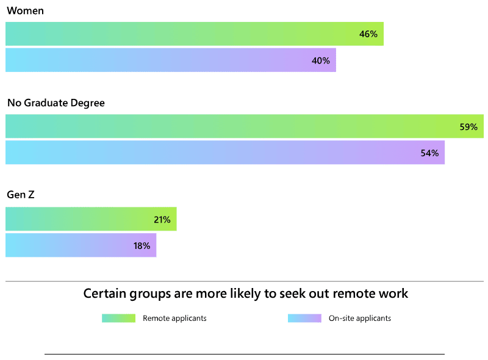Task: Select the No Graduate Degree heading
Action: pyautogui.click(x=56, y=103)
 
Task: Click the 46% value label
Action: pyautogui.click(x=368, y=34)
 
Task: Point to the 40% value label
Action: pyautogui.click(x=321, y=60)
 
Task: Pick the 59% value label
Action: pyautogui.click(x=468, y=127)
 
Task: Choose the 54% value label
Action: pyautogui.click(x=429, y=153)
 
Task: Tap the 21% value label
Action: pyautogui.click(x=162, y=220)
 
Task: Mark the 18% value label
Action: pyautogui.click(x=142, y=245)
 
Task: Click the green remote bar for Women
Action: pyautogui.click(x=183, y=34)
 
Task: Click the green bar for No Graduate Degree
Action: pyautogui.click(x=232, y=127)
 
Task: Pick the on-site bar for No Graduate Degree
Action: pyautogui.click(x=213, y=153)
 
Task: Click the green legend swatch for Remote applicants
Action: pyautogui.click(x=118, y=318)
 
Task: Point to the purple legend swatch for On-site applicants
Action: pyautogui.click(x=304, y=318)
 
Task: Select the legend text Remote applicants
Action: pyautogui.click(x=174, y=318)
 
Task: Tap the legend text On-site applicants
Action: pyautogui.click(x=360, y=318)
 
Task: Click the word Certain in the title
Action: pyautogui.click(x=103, y=293)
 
